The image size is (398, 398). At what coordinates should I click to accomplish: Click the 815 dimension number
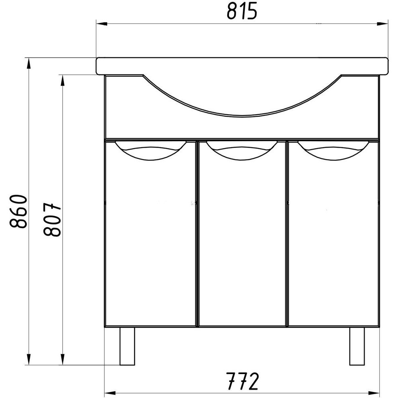click(242, 12)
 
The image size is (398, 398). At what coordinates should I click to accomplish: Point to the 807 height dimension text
click(52, 220)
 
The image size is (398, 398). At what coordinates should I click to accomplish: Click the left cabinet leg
click(127, 346)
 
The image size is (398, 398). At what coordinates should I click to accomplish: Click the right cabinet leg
click(357, 346)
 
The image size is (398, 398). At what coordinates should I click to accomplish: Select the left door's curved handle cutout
click(150, 150)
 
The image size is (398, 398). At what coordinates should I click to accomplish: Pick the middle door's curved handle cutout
click(242, 150)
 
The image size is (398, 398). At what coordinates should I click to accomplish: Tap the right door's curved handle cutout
click(333, 150)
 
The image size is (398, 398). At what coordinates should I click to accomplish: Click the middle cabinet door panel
click(242, 234)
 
